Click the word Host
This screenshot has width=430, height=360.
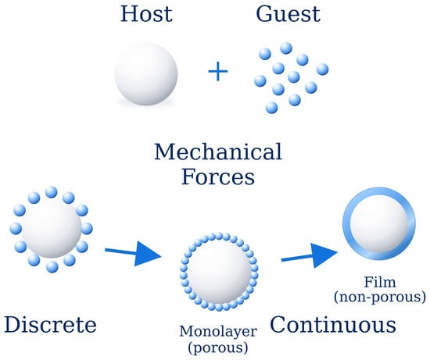click(x=146, y=14)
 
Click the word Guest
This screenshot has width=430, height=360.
click(x=288, y=14)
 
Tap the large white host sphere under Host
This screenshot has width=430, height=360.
click(x=146, y=74)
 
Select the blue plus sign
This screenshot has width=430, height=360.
click(x=218, y=72)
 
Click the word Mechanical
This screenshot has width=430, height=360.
click(x=218, y=151)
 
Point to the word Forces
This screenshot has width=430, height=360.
click(x=218, y=177)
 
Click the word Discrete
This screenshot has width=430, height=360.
click(x=51, y=325)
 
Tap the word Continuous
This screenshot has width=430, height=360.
click(x=333, y=325)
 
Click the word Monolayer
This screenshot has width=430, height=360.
click(x=218, y=332)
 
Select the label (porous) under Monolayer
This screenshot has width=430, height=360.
click(x=218, y=348)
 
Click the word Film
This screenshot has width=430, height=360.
click(x=380, y=282)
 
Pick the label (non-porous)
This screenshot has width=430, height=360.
click(x=380, y=297)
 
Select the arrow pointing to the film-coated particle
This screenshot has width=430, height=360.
click(x=310, y=256)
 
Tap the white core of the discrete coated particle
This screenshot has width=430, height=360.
click(x=52, y=229)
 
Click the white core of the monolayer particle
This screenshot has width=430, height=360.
click(x=219, y=272)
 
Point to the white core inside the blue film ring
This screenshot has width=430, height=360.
click(x=380, y=223)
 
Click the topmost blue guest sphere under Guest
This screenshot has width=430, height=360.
click(x=286, y=48)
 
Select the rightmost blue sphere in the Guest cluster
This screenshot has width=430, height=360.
click(x=322, y=70)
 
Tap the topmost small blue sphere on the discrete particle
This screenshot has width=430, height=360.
click(x=52, y=192)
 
